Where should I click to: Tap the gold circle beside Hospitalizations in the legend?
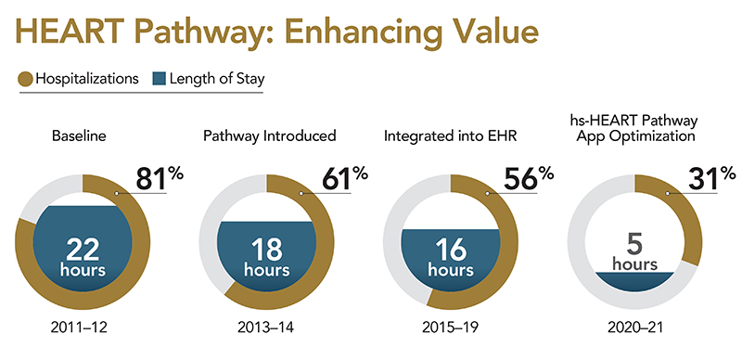26,79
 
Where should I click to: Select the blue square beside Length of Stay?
160,79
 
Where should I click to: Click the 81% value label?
160,179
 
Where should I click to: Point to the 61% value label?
345,179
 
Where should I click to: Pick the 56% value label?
529,179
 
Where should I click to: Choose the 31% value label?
711,179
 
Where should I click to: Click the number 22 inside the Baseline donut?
83,250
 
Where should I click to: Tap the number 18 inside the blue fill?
267,250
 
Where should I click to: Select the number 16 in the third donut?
451,250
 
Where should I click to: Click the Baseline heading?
79,136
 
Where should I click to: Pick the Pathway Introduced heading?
270,136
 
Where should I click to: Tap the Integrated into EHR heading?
451,136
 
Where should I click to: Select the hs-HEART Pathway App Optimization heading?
634,128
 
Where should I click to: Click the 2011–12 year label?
79,328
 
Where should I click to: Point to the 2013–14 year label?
265,328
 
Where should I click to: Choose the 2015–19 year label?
450,328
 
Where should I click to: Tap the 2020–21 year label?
634,328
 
